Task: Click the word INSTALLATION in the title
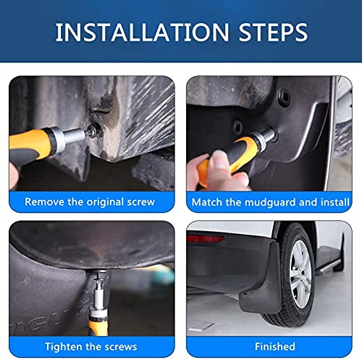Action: (x=142, y=32)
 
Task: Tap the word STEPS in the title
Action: (x=273, y=32)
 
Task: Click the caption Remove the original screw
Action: (x=90, y=202)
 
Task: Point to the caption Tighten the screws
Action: (x=91, y=347)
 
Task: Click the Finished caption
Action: (x=275, y=346)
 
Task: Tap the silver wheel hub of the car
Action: (x=300, y=274)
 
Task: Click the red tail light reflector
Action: (x=206, y=238)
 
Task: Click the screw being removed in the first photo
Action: (x=92, y=131)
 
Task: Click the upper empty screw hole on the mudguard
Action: (x=284, y=97)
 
